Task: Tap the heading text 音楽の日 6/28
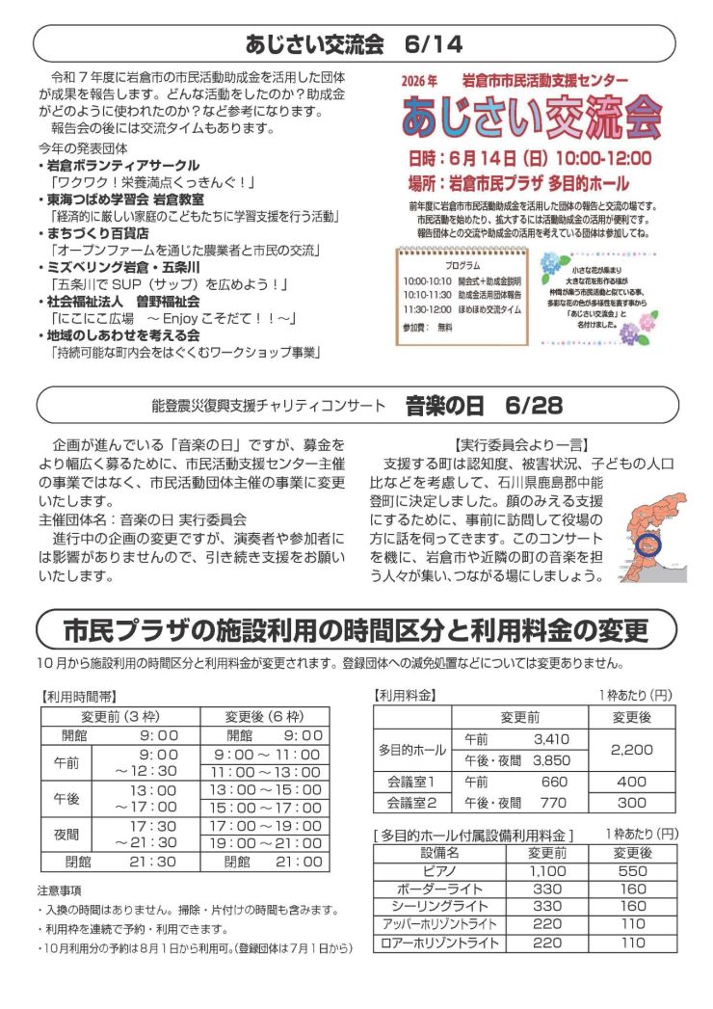(484, 406)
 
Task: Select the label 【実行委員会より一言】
(519, 444)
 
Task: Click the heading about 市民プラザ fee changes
(356, 632)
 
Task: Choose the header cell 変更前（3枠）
(119, 716)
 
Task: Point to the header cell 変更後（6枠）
(263, 716)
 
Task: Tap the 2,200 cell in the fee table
(631, 749)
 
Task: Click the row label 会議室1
(411, 782)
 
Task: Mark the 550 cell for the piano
(632, 870)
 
